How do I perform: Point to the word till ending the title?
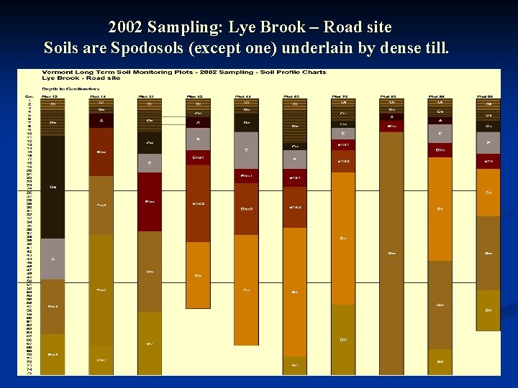click(x=435, y=49)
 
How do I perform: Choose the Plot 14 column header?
click(x=99, y=95)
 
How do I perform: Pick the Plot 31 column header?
click(x=147, y=95)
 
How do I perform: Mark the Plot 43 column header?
click(x=195, y=95)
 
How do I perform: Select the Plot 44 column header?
click(x=244, y=95)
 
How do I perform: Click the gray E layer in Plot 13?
click(x=53, y=259)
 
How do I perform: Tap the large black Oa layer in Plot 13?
click(x=53, y=187)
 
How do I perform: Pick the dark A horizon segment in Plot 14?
click(x=101, y=121)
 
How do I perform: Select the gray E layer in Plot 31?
click(x=150, y=163)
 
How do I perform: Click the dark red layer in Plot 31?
click(x=150, y=202)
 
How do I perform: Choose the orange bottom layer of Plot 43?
click(x=198, y=274)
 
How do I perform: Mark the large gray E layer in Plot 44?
click(x=246, y=150)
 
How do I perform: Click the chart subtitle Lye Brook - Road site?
click(x=71, y=78)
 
